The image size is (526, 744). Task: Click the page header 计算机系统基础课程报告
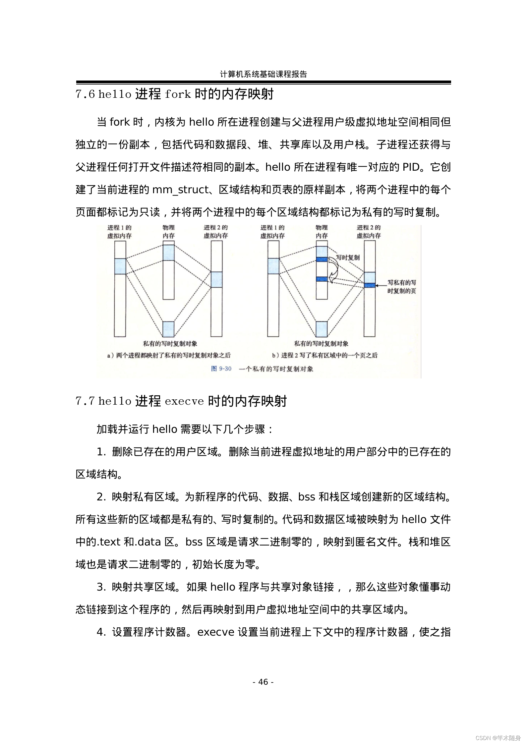coord(263,74)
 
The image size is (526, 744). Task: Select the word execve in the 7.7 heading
coord(184,401)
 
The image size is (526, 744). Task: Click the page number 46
coord(263,682)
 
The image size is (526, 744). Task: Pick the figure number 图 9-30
coord(221,369)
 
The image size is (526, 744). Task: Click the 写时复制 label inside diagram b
coord(348,257)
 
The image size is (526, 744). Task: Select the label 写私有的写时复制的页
coord(402,287)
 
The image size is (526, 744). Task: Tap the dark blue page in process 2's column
coord(370,285)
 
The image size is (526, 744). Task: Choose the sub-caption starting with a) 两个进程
coord(169,355)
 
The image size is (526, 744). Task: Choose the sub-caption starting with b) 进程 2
coord(325,355)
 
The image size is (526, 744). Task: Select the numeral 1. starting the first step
coord(101,452)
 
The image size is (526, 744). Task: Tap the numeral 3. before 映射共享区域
coord(101,587)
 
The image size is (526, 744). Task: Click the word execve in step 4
coord(216,632)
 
